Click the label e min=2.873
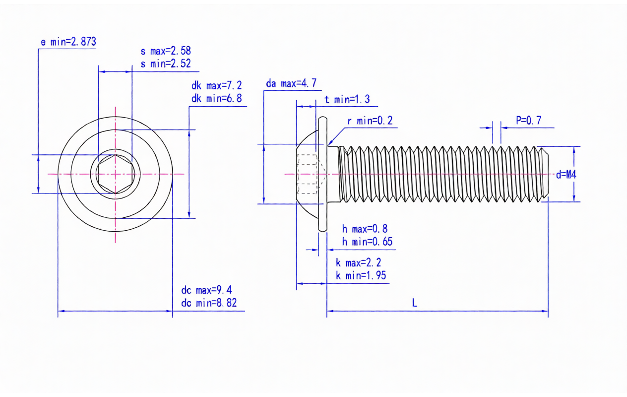(x=68, y=42)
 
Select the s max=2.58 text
(x=166, y=51)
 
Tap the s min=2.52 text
(x=166, y=64)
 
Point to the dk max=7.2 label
(x=217, y=85)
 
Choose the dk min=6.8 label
(x=217, y=98)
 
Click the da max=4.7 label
(x=291, y=83)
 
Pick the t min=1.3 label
(x=347, y=99)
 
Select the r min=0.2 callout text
(x=370, y=121)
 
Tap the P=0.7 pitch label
(x=528, y=121)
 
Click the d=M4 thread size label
(x=566, y=174)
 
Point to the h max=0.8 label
(x=365, y=229)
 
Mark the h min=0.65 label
(x=367, y=242)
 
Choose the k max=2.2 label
(x=358, y=263)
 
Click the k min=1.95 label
(x=361, y=275)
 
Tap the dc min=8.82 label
(x=209, y=303)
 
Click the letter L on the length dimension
(x=415, y=303)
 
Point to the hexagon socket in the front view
(x=115, y=174)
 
